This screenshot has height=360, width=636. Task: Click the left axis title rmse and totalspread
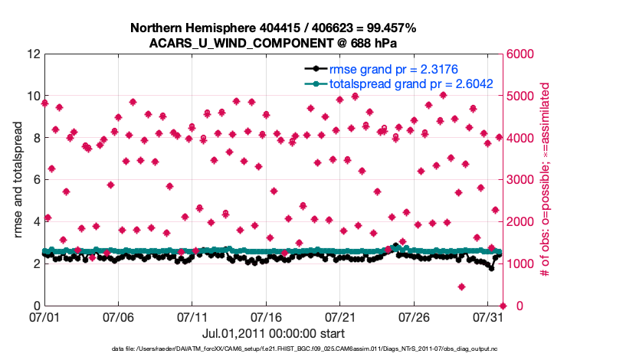[x=17, y=180]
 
